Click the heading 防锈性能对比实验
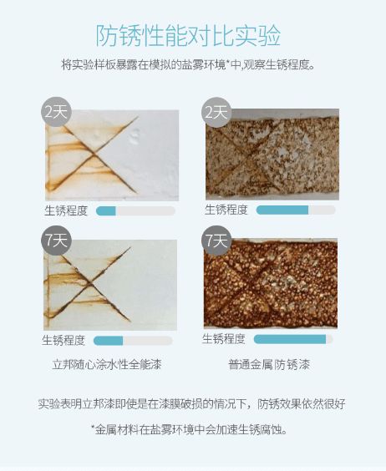[188, 36]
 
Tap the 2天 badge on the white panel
[56, 112]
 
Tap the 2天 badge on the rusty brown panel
[216, 112]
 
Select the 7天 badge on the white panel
[56, 241]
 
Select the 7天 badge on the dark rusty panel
[216, 241]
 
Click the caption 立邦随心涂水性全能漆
[107, 364]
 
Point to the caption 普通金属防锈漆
[269, 364]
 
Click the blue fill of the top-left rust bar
[106, 211]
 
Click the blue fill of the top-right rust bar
[282, 210]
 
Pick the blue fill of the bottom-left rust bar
[109, 341]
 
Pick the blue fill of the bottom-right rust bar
[290, 339]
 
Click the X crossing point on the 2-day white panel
[94, 154]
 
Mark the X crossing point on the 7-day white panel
[90, 283]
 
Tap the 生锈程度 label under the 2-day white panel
[66, 210]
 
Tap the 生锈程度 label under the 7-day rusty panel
[224, 339]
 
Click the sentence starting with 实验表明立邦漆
[191, 404]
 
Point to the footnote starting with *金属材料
[189, 429]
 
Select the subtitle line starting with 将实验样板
[188, 64]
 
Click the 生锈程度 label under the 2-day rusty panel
[226, 210]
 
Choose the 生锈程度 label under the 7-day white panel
[63, 341]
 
